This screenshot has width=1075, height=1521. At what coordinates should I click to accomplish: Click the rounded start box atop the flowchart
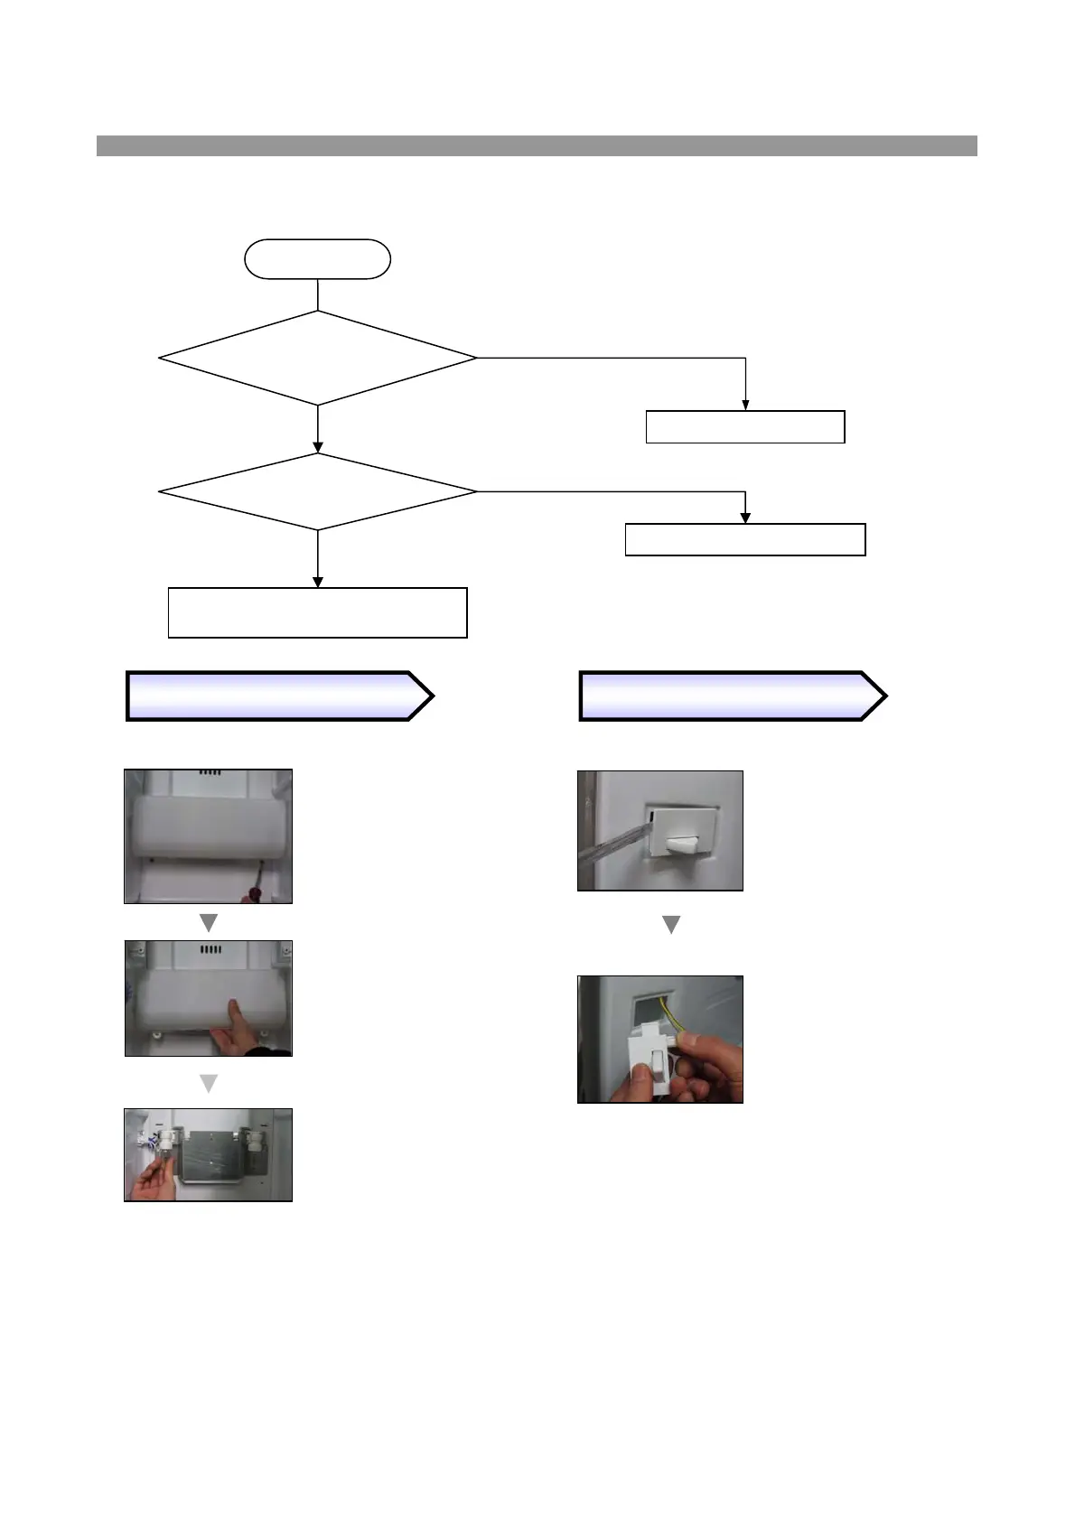tap(317, 259)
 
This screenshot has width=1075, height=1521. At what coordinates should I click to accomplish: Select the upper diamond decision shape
tap(317, 358)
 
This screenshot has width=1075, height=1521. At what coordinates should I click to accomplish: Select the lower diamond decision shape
tap(317, 491)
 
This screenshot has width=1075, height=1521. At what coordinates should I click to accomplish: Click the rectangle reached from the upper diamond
tap(745, 426)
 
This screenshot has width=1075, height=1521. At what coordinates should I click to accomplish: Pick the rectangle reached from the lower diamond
tap(745, 539)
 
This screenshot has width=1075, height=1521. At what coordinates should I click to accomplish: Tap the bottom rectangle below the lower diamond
tap(317, 612)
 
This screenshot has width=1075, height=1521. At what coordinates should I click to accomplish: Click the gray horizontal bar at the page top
tap(537, 145)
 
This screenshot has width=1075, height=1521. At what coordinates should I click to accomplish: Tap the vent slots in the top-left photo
tap(209, 774)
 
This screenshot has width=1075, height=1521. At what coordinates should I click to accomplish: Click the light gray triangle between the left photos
tap(209, 1083)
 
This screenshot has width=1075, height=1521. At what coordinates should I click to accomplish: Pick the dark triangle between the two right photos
tap(671, 925)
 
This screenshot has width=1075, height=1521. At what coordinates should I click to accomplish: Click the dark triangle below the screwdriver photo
tap(209, 923)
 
